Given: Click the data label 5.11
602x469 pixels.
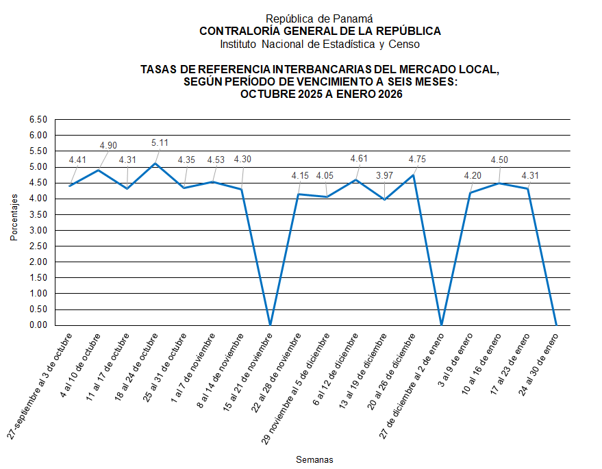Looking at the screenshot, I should click(160, 143).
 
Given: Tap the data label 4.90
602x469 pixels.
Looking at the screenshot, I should click(109, 145).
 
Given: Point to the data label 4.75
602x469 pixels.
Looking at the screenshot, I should click(418, 159).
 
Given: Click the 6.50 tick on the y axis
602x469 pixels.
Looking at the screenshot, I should click(38, 120).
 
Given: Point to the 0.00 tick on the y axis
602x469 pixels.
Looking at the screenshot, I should click(38, 325).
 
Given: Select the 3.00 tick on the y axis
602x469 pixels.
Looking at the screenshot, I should click(38, 231).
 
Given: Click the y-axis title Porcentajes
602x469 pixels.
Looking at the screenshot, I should click(13, 217).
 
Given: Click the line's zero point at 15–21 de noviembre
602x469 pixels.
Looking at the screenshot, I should click(271, 325).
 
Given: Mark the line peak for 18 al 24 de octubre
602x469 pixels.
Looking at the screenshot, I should click(156, 164).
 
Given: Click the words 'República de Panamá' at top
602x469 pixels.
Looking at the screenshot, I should click(320, 19).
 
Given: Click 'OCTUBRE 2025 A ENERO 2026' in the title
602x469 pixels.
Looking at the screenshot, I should click(321, 95).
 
